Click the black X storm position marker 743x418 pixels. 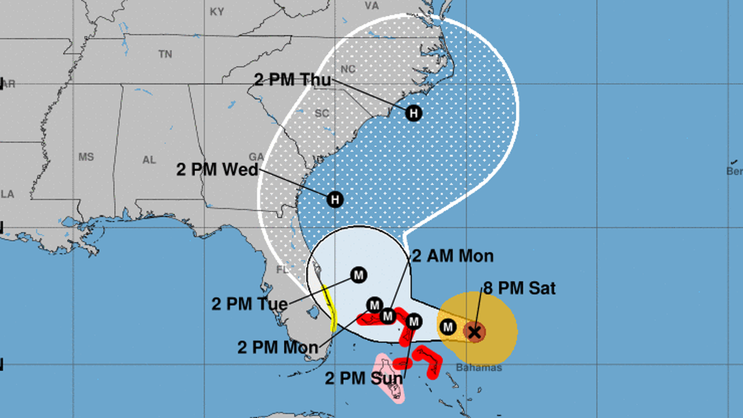tap(475, 332)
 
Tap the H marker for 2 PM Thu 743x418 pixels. tap(413, 113)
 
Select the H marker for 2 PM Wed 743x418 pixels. tap(335, 199)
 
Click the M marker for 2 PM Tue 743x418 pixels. tap(358, 275)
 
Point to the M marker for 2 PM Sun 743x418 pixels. tap(413, 321)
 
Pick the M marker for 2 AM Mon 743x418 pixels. tap(388, 316)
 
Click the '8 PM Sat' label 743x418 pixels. tap(519, 288)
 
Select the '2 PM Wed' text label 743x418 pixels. tap(217, 170)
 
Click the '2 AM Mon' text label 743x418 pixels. tap(452, 256)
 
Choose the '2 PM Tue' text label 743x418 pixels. tap(249, 304)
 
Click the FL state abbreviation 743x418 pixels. tap(282, 269)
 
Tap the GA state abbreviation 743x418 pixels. tap(256, 157)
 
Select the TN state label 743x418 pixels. tap(165, 54)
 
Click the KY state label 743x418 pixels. tap(217, 12)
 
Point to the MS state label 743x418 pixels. tap(86, 157)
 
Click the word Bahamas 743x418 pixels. tap(479, 368)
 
